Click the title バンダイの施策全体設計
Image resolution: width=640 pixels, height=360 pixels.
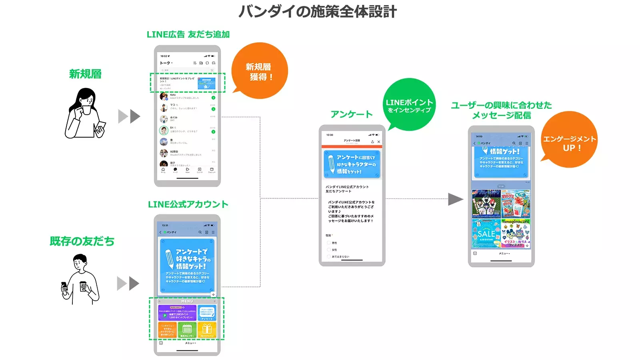(x=318, y=11)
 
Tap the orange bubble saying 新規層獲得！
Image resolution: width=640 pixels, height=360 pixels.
(x=260, y=71)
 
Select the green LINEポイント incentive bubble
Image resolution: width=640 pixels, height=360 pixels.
(x=409, y=105)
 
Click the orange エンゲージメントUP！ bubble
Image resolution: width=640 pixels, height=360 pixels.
(x=569, y=142)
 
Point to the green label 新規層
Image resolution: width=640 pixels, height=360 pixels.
(x=85, y=74)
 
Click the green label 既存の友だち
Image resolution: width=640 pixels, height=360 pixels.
(x=82, y=241)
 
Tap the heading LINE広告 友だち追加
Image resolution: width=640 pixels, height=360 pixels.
(x=188, y=34)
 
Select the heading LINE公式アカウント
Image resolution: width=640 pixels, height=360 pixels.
(x=188, y=204)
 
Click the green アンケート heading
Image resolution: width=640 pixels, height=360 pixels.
(x=352, y=114)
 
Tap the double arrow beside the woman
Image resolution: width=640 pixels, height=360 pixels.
(x=129, y=116)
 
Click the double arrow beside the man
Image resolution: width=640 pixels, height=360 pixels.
(x=128, y=284)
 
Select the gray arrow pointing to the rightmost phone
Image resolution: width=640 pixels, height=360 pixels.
(x=455, y=199)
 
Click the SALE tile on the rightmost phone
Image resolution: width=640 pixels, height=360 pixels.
(x=486, y=233)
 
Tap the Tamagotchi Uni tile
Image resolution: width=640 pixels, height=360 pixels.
(x=516, y=233)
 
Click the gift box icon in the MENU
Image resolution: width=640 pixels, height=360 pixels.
(x=207, y=330)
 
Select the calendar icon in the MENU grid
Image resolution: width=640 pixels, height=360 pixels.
(x=187, y=330)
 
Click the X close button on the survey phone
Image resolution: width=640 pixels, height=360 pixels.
(x=379, y=142)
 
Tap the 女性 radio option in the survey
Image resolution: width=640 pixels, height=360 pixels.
(x=329, y=250)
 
